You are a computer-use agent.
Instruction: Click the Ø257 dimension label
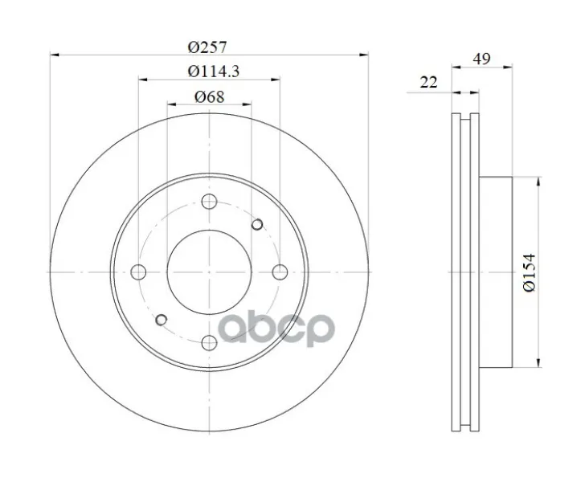click(x=207, y=47)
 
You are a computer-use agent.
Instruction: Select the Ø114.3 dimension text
click(x=214, y=71)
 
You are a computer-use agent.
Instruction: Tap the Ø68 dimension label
click(x=210, y=96)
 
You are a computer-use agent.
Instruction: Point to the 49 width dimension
click(x=481, y=59)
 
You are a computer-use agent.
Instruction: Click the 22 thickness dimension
click(x=428, y=82)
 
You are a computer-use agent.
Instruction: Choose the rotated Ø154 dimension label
click(x=529, y=272)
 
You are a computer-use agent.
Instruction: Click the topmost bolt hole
click(x=209, y=202)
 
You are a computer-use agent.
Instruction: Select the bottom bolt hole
click(x=209, y=343)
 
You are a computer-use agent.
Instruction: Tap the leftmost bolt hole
click(x=138, y=272)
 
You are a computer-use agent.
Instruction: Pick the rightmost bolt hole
click(x=280, y=272)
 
